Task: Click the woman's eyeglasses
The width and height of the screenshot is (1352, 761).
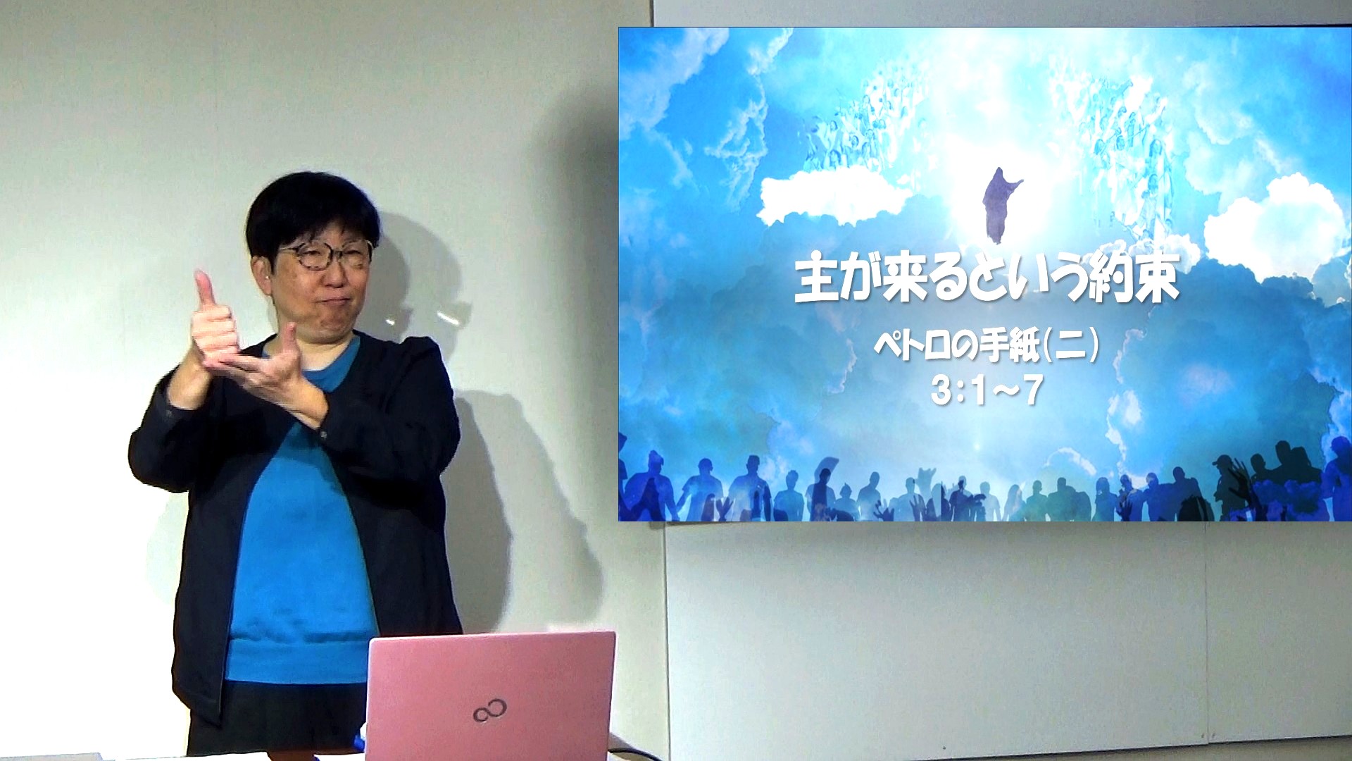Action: (x=325, y=255)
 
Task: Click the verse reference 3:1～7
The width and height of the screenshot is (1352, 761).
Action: (x=986, y=390)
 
